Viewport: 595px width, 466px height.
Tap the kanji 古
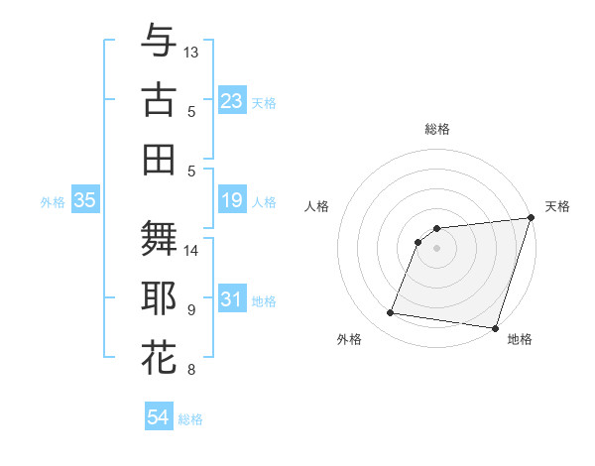(159, 100)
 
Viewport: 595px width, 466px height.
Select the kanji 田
(159, 159)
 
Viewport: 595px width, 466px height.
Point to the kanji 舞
(159, 239)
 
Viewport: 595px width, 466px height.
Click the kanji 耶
(159, 298)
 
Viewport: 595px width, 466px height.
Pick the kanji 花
(159, 357)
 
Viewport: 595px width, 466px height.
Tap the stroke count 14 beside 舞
(191, 250)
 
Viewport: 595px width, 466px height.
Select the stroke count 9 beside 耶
(191, 310)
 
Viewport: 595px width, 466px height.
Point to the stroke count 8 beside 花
(191, 370)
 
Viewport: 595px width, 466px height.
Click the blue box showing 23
(232, 101)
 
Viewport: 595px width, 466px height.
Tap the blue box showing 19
(232, 201)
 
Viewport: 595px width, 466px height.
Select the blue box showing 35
(85, 201)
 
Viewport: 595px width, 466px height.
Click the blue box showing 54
(159, 417)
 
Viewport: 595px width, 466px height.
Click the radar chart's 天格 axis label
(557, 206)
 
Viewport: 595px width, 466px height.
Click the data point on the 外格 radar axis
(391, 313)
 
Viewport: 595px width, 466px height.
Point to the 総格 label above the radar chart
(437, 129)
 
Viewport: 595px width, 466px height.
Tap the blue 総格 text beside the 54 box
(190, 419)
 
